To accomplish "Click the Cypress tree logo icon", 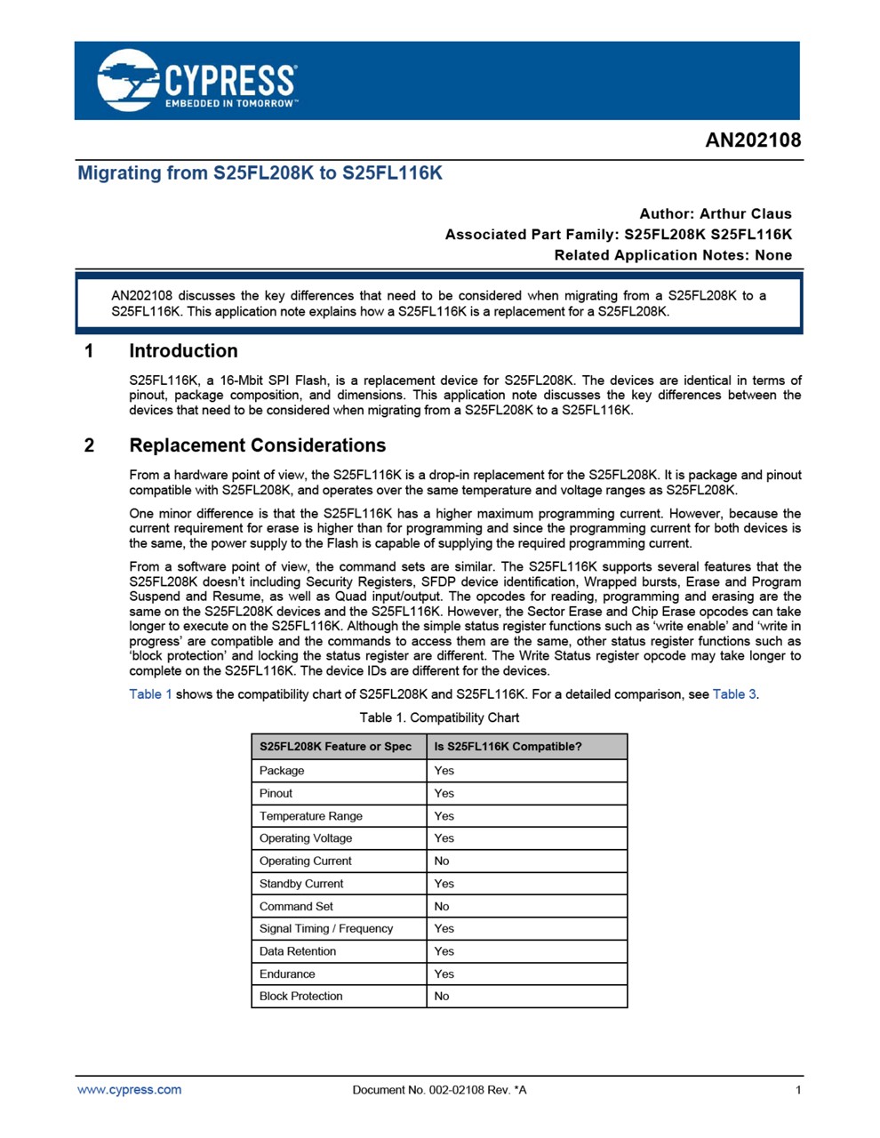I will coord(128,80).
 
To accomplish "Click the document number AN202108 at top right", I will coord(753,140).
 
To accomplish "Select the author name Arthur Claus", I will coord(745,213).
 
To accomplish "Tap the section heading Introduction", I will coord(183,351).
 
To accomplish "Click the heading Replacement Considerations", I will coord(257,445).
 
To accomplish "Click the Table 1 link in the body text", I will coord(150,694).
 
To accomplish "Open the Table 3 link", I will coord(734,694).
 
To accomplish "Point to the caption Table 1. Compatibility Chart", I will coord(439,717).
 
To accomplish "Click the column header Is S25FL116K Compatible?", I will coord(508,747).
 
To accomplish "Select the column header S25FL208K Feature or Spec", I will coord(335,747).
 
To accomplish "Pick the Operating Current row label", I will coord(305,862).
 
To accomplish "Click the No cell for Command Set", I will coord(442,907).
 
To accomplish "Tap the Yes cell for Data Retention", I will coord(444,951).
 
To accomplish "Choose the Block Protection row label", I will coord(300,997).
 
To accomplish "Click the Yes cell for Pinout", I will coord(444,794).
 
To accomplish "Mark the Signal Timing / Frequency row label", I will coord(325,929).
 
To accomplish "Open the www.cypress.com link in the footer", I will coord(129,1090).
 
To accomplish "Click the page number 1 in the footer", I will coord(798,1090).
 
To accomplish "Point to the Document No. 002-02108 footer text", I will coord(439,1090).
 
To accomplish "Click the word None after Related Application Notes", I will coord(772,255).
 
